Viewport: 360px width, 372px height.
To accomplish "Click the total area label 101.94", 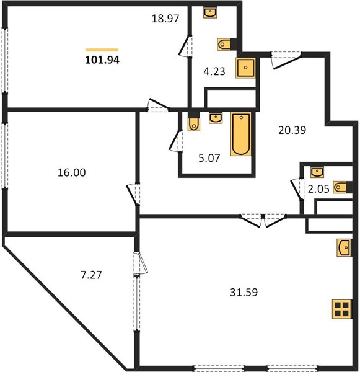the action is point(102,60).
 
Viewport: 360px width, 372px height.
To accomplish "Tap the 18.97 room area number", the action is point(165,19).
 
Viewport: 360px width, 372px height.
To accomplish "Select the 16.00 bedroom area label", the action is point(72,172).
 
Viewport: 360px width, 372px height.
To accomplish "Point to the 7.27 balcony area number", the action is point(91,275).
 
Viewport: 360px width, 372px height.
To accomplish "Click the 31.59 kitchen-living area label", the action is point(244,292).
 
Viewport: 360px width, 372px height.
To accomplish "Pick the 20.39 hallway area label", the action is point(292,130).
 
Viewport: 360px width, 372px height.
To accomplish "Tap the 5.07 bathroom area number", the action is point(209,158).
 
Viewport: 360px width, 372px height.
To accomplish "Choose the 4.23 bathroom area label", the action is point(214,71).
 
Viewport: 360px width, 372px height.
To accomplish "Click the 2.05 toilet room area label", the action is point(318,189).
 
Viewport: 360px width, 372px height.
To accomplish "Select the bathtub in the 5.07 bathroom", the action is point(241,134).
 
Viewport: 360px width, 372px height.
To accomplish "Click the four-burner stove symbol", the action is point(341,309).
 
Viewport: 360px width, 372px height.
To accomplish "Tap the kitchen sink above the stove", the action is point(344,247).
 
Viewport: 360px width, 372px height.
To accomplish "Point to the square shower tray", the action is point(246,68).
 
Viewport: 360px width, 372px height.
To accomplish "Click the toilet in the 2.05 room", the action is point(340,187).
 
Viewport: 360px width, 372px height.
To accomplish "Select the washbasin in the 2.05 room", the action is point(317,172).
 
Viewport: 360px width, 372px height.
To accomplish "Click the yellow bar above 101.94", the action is point(102,50).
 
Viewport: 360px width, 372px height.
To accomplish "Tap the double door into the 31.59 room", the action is point(263,221).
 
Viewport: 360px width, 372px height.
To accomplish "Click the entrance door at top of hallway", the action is point(286,60).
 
